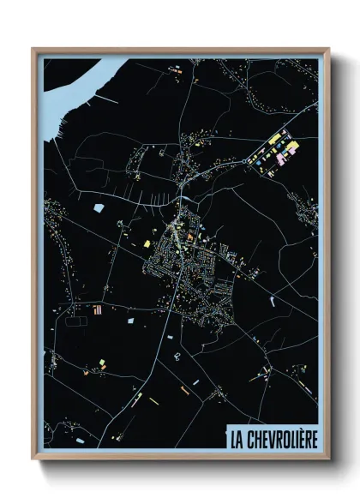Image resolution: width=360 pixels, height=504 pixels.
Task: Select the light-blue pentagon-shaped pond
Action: [x=97, y=207]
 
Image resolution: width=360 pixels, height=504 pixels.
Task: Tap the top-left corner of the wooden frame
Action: [x=33, y=49]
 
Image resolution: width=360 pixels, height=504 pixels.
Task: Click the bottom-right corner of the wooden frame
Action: [x=328, y=460]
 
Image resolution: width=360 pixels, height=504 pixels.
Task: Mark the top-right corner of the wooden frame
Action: [x=328, y=49]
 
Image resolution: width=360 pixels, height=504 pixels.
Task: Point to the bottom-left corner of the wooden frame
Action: [x=33, y=460]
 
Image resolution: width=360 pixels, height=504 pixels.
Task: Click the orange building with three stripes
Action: [x=97, y=308]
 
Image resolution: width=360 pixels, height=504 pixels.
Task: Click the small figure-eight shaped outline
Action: [x=176, y=353]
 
